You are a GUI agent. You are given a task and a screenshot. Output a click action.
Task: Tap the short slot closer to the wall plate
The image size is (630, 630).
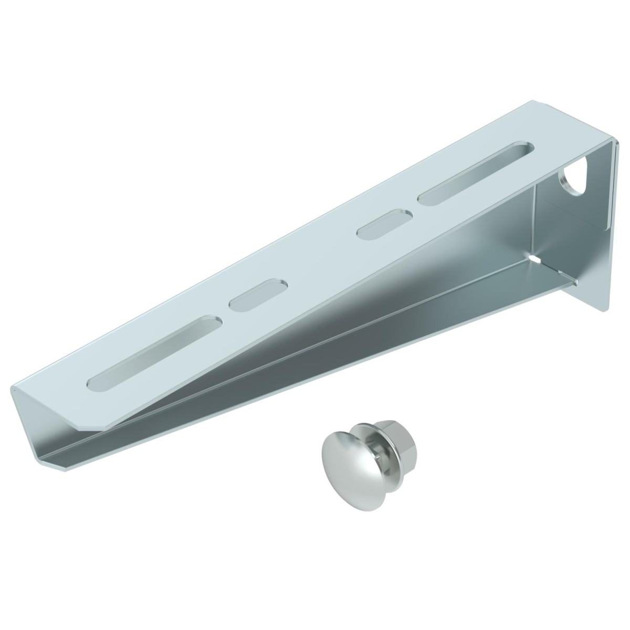[x=385, y=225]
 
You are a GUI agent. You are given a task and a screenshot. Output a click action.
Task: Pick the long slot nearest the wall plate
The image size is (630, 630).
[x=475, y=173]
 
